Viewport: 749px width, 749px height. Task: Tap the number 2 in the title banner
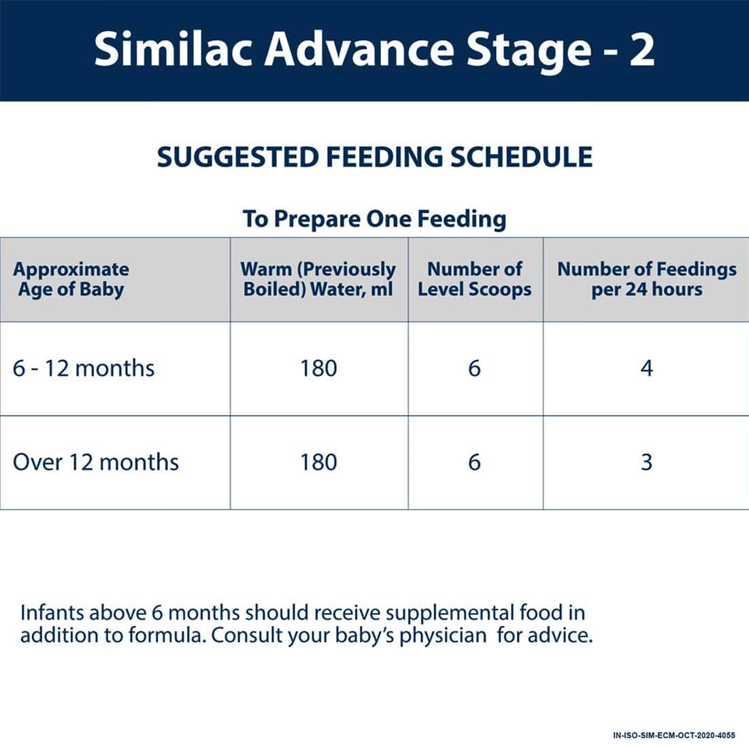641,50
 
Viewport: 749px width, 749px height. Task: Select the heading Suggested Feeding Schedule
374,157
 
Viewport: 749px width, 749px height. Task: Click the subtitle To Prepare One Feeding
374,219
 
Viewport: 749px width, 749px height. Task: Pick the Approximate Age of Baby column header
71,279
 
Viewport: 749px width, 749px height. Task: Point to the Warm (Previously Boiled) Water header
318,279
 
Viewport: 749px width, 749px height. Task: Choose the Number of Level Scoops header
475,279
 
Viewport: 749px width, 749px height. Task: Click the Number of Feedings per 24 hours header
646,279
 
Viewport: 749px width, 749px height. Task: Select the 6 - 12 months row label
84,369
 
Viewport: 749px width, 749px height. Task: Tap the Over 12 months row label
96,463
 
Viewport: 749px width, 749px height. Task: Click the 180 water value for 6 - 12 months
318,369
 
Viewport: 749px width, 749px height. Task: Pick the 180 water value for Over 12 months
318,463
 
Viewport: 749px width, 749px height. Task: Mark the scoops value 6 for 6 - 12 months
475,369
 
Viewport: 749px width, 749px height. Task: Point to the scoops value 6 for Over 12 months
475,463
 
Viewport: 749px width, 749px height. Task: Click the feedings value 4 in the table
646,369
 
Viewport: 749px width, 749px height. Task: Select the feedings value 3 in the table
646,463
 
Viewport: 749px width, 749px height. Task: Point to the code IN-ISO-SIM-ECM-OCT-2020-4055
673,735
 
